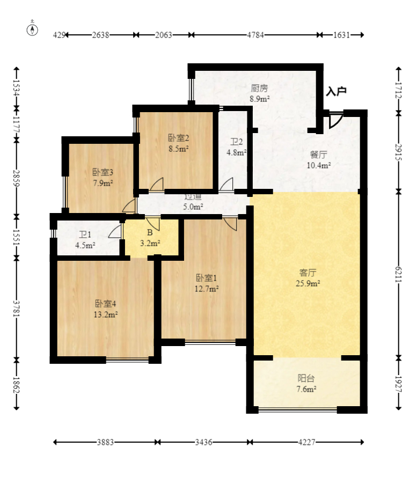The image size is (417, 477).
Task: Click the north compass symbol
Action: click(32, 29)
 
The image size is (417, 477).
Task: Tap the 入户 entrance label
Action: click(336, 91)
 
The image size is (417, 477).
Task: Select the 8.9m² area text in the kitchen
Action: click(260, 99)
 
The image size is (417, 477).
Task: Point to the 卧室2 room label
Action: click(179, 138)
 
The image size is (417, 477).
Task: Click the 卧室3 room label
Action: click(103, 172)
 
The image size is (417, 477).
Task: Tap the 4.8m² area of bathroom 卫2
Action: click(236, 152)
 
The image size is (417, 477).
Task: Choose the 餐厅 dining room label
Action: click(318, 155)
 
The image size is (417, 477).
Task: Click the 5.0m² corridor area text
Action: click(193, 207)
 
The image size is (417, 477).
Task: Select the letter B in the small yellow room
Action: click(150, 233)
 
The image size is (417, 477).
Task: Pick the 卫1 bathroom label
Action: click(85, 234)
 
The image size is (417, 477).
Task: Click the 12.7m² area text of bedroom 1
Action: click(207, 289)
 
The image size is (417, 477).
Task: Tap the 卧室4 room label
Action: click(106, 304)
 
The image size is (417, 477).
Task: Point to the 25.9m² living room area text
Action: click(308, 283)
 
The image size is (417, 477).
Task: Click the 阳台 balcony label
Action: click(306, 378)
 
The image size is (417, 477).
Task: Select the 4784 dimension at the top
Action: click(255, 35)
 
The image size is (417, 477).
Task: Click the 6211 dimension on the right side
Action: click(398, 274)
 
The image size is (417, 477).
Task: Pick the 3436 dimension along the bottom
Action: click(203, 442)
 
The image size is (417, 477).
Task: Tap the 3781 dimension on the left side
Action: click(16, 309)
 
